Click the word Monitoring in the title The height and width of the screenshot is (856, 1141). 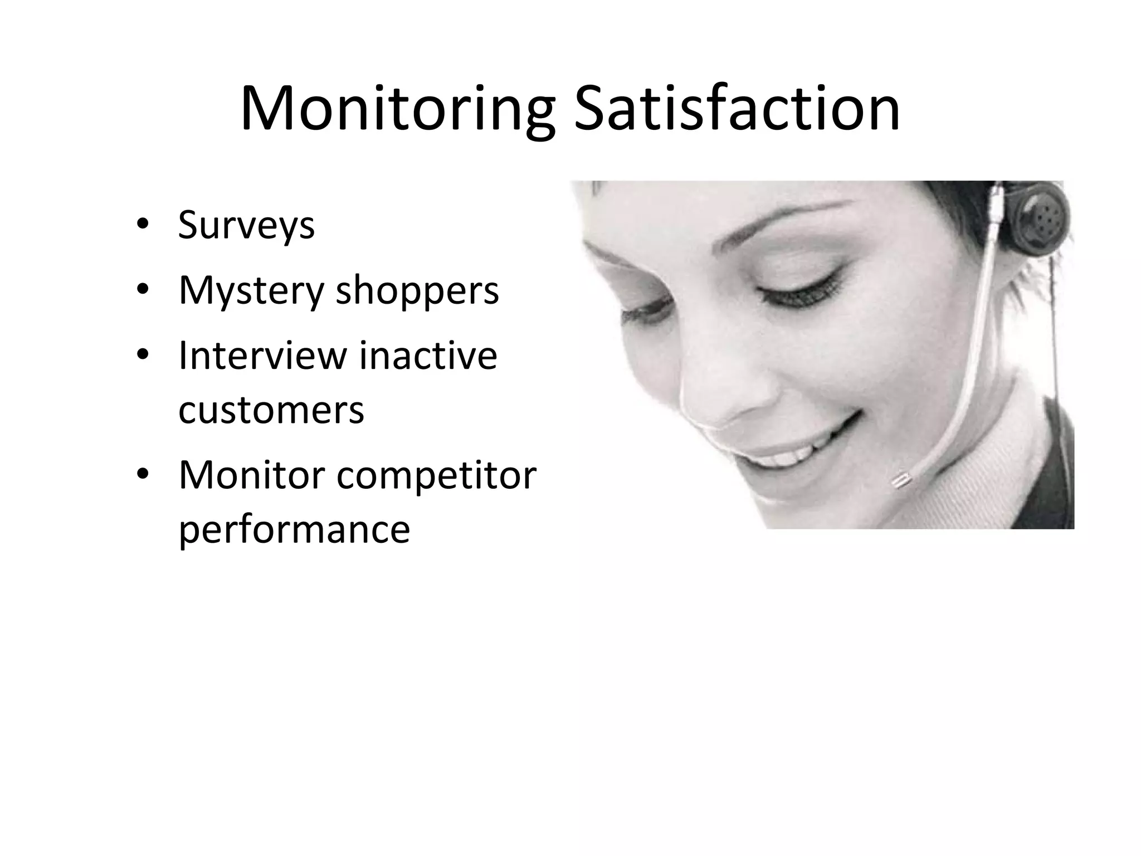(x=397, y=109)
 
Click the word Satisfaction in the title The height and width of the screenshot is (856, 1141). (x=737, y=108)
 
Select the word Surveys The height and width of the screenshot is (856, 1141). (x=246, y=226)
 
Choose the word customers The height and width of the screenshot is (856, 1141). (x=271, y=410)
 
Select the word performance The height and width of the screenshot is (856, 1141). (x=294, y=530)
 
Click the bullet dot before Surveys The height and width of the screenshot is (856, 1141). (x=142, y=226)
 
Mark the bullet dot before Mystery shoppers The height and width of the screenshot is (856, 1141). (x=142, y=290)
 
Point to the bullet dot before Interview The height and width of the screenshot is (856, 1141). (x=142, y=356)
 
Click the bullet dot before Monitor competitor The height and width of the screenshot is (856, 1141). (x=142, y=475)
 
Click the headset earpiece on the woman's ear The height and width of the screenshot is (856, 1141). (x=1040, y=222)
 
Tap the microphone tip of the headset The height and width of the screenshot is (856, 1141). (x=900, y=479)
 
